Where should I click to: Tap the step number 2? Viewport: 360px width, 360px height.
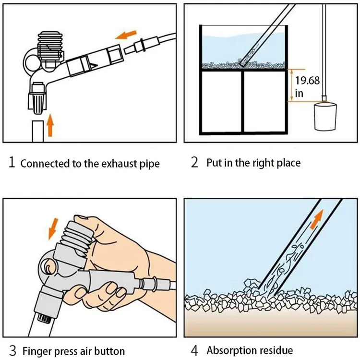click(194, 162)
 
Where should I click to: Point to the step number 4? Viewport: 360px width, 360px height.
click(194, 350)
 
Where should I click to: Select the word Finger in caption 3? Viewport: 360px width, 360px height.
click(37, 351)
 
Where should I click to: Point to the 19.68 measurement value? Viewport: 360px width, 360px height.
click(307, 80)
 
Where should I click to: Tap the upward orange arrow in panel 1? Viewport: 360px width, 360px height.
click(50, 127)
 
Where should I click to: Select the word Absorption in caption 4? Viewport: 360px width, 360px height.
click(233, 351)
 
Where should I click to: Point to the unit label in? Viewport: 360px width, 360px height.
click(299, 93)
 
